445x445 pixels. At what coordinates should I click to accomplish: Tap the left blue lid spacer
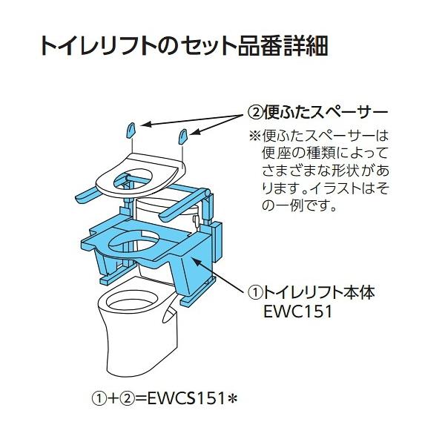tap(130, 131)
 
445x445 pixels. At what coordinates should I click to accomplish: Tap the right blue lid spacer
tap(182, 136)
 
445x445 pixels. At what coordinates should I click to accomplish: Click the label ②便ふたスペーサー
tap(317, 114)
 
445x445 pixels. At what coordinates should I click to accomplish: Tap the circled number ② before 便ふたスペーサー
tap(254, 114)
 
